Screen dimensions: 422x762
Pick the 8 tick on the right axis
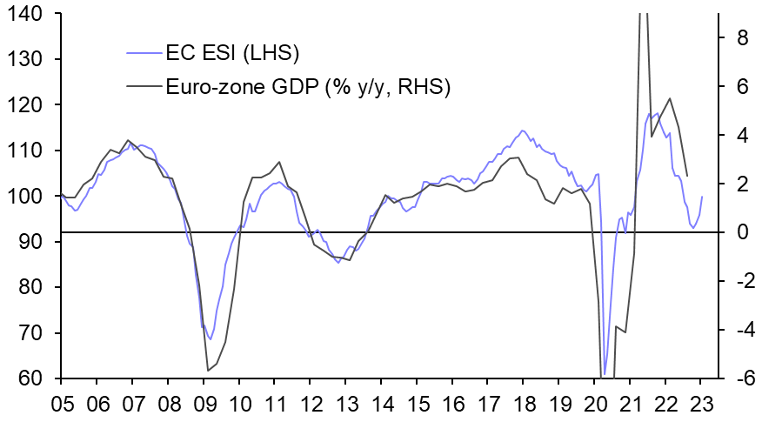(x=732, y=38)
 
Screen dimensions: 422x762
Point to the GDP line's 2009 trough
(x=208, y=371)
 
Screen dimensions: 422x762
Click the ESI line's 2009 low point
(x=210, y=339)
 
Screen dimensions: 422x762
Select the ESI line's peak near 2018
(x=522, y=131)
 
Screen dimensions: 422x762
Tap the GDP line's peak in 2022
(x=670, y=98)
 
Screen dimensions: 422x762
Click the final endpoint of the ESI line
(x=702, y=197)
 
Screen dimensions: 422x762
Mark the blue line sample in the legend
(x=144, y=54)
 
